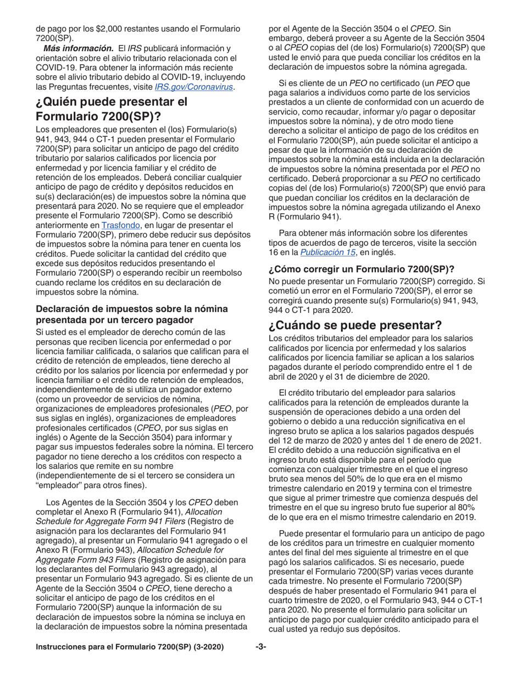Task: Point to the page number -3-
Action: pos(260,647)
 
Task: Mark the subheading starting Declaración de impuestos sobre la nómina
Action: pos(132,314)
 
